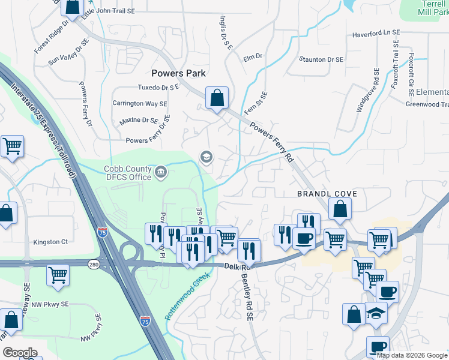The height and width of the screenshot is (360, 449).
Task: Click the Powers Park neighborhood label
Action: (178, 73)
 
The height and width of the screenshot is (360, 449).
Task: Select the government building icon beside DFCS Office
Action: (161, 173)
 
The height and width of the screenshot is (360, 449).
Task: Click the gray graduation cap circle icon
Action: (206, 157)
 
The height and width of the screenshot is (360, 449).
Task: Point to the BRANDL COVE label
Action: (327, 194)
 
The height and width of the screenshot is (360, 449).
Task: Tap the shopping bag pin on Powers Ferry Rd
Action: (217, 98)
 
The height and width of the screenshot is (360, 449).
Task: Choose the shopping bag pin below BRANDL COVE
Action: (340, 209)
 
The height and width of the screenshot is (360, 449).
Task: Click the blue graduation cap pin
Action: (376, 314)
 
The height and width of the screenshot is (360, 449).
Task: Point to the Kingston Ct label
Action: (51, 242)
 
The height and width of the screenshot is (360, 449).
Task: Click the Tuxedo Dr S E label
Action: (159, 88)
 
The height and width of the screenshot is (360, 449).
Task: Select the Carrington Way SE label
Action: (139, 103)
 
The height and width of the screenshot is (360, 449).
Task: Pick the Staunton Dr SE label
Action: (321, 60)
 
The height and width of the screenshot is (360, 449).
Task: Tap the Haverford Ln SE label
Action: (376, 34)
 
